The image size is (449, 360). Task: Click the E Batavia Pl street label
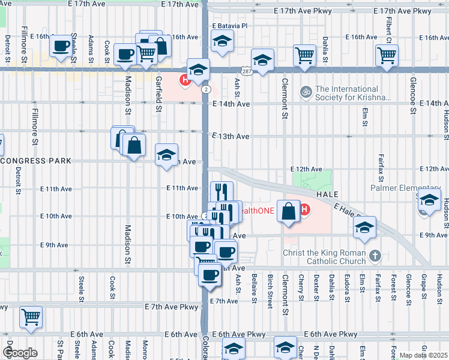pyautogui.click(x=229, y=26)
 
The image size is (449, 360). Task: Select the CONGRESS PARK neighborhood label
pyautogui.click(x=36, y=161)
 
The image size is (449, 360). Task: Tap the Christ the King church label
pyautogui.click(x=325, y=257)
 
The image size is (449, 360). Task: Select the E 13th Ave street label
pyautogui.click(x=231, y=136)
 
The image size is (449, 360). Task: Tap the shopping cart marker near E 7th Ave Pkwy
pyautogui.click(x=31, y=316)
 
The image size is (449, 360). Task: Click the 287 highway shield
pyautogui.click(x=246, y=70)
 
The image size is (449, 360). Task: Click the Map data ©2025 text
pyautogui.click(x=424, y=355)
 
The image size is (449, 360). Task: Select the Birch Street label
pyautogui.click(x=270, y=292)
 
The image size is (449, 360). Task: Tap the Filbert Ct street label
pyautogui.click(x=390, y=32)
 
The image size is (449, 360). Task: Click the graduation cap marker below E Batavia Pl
pyautogui.click(x=222, y=41)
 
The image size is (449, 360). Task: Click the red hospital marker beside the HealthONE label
pyautogui.click(x=304, y=210)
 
